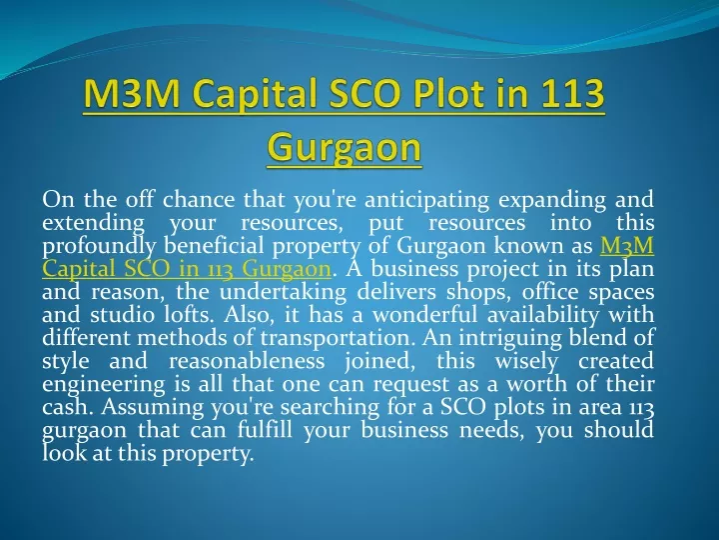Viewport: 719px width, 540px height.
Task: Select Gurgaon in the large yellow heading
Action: coord(344,148)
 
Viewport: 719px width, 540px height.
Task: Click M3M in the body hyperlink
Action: coord(627,246)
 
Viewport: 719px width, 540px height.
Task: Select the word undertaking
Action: coord(283,293)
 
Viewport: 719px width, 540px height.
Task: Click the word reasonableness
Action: coord(247,361)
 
